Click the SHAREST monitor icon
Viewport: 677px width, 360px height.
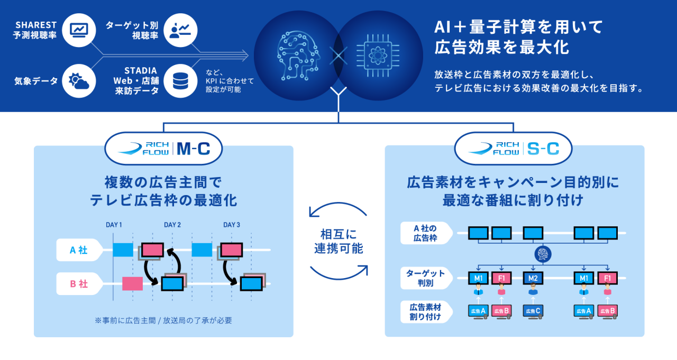pyautogui.click(x=78, y=31)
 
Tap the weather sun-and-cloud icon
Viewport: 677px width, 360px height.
pyautogui.click(x=78, y=81)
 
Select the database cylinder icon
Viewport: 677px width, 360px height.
pyautogui.click(x=180, y=81)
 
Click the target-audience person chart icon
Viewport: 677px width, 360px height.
pyautogui.click(x=180, y=31)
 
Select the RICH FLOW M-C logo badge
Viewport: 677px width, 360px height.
pyautogui.click(x=163, y=149)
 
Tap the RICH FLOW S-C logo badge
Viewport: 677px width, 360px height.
pyautogui.click(x=513, y=149)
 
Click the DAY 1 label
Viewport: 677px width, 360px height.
pyautogui.click(x=114, y=225)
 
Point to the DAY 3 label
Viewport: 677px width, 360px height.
pyautogui.click(x=232, y=225)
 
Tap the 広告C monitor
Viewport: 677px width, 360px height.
pyautogui.click(x=533, y=311)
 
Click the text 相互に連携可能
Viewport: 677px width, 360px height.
pyautogui.click(x=338, y=241)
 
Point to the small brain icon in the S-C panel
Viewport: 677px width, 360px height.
pyautogui.click(x=543, y=255)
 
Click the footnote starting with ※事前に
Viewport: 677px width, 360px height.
pyautogui.click(x=163, y=320)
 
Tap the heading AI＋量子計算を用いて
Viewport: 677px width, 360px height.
pyautogui.click(x=518, y=26)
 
